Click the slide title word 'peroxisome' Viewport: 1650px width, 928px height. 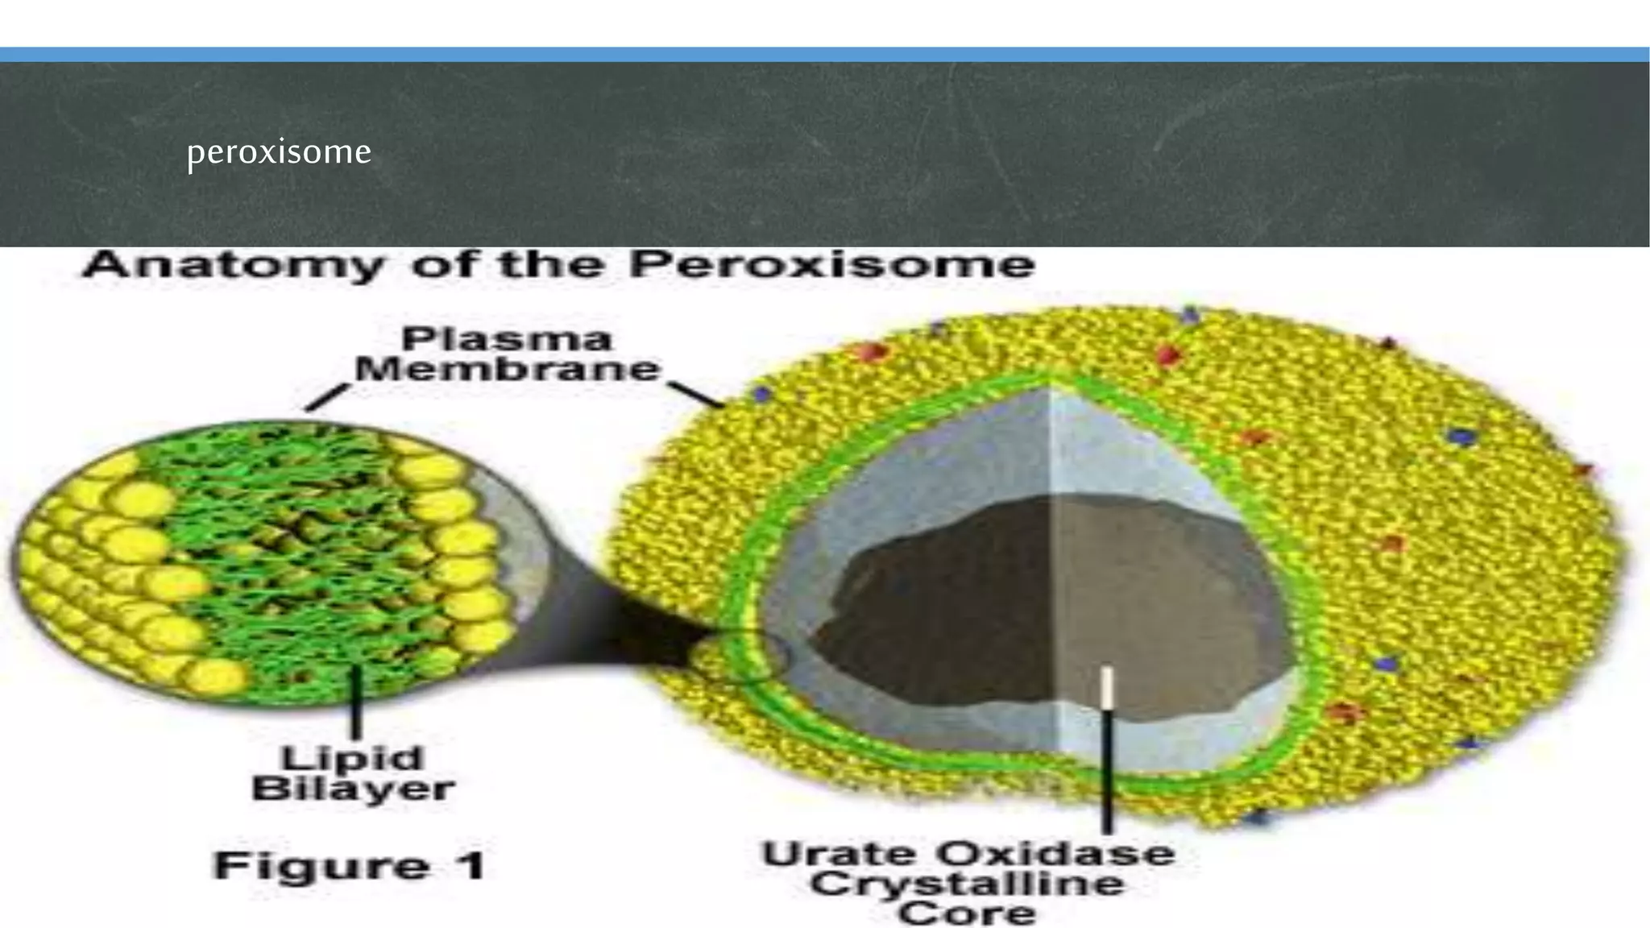(279, 151)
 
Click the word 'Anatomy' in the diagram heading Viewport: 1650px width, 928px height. (234, 265)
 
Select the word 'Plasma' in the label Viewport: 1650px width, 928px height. (507, 339)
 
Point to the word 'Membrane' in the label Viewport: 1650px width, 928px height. (508, 370)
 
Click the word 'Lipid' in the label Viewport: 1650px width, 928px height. (352, 758)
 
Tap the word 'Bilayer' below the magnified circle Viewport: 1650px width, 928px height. (353, 789)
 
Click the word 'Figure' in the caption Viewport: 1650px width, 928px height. (321, 867)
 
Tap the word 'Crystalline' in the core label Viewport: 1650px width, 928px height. (967, 884)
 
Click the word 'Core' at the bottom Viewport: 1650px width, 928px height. (967, 913)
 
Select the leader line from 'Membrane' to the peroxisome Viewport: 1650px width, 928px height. (698, 394)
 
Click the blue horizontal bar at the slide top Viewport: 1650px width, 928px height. (825, 55)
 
